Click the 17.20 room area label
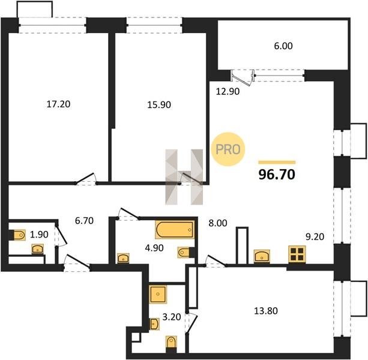click(58, 104)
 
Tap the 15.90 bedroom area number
click(159, 104)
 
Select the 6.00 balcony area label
click(283, 46)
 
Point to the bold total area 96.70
click(277, 175)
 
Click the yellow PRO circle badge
click(228, 149)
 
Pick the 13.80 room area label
click(266, 311)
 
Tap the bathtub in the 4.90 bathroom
click(175, 230)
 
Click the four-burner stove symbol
click(297, 254)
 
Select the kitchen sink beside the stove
click(262, 256)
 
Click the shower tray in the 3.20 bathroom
click(158, 294)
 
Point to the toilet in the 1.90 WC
click(18, 235)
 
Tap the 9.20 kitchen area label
click(315, 237)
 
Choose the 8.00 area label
click(218, 223)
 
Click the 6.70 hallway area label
click(84, 221)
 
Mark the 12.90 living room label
click(228, 91)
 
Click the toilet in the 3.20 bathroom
click(171, 344)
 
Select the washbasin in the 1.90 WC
click(38, 249)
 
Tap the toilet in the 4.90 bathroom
click(186, 253)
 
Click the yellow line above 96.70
click(277, 162)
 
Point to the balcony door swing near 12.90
click(242, 78)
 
